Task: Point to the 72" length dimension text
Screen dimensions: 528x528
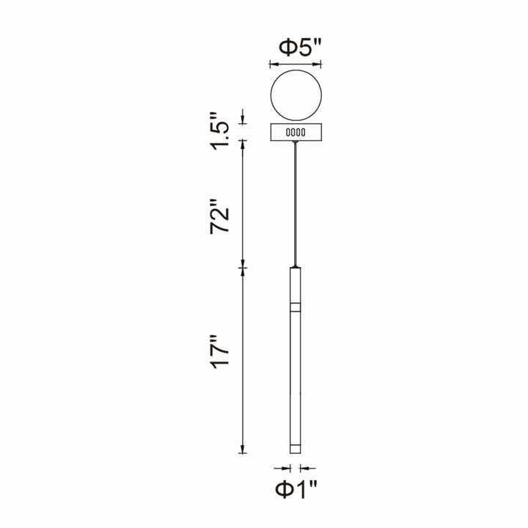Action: coord(221,217)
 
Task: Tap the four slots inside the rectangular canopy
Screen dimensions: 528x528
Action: coord(296,133)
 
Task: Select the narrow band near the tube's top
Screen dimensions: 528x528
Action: coord(296,307)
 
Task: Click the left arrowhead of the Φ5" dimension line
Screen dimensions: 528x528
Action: coord(273,65)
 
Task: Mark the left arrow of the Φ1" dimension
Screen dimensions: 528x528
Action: coord(282,467)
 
